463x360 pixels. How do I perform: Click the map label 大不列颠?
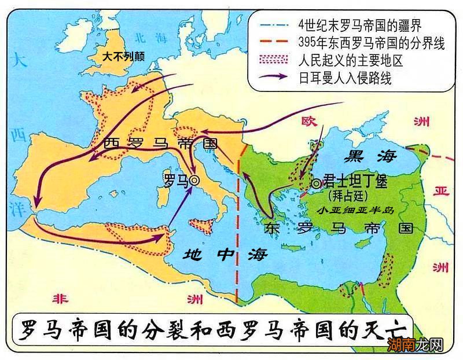[123, 57]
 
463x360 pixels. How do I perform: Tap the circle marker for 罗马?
[194, 181]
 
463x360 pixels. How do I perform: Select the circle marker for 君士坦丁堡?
[316, 183]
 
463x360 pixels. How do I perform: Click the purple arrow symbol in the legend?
[274, 78]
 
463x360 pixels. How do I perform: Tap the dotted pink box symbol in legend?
[274, 60]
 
